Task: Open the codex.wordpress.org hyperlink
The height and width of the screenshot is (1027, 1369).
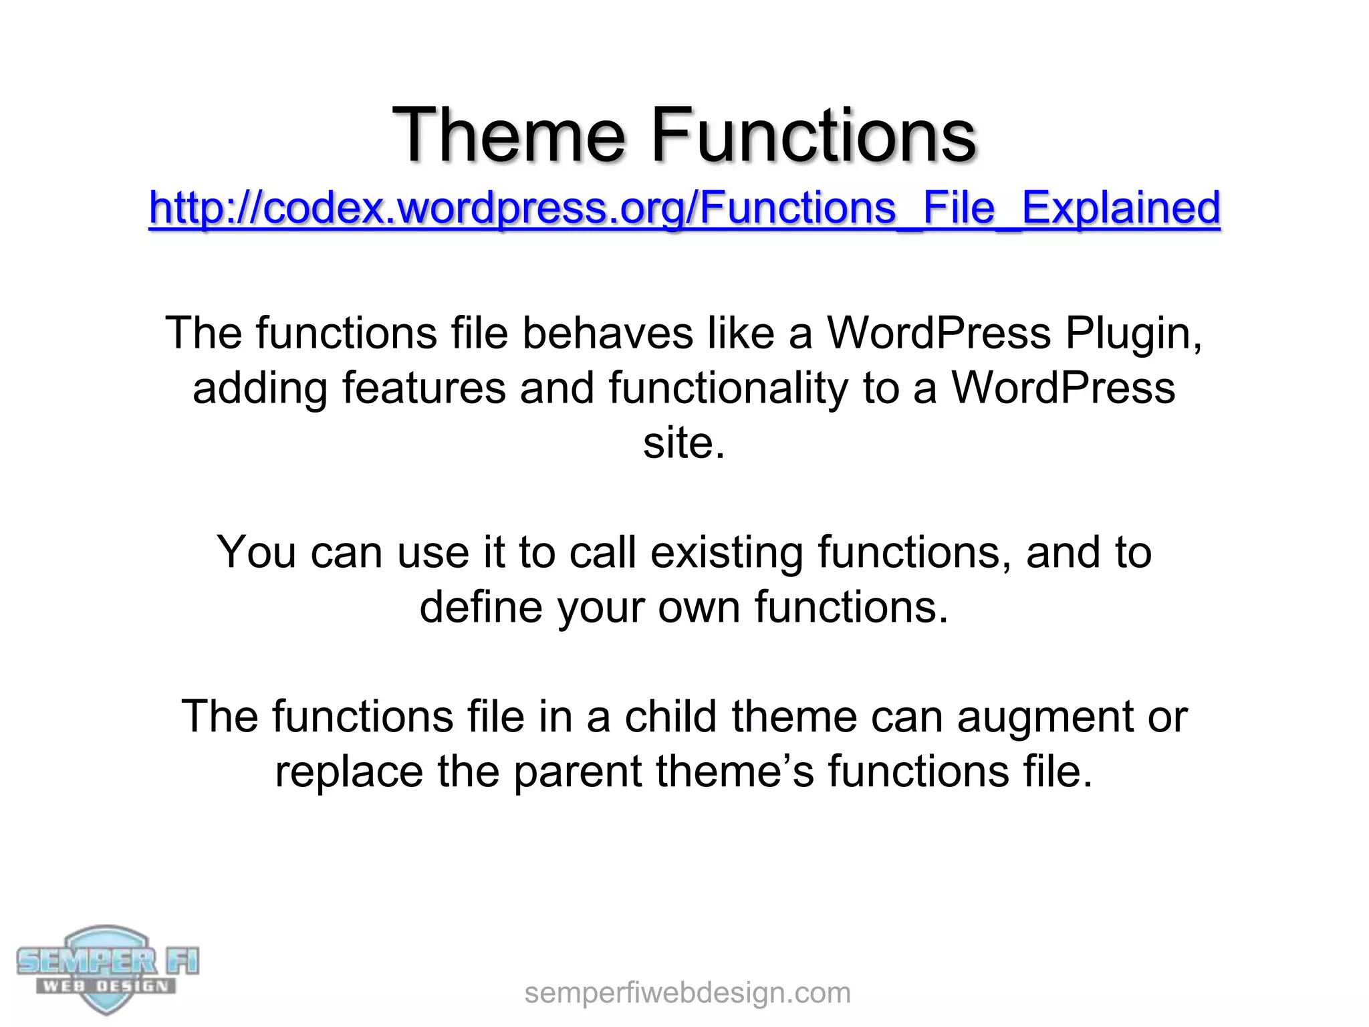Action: pyautogui.click(x=684, y=207)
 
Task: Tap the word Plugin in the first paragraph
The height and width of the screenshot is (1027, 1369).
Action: pyautogui.click(x=1134, y=333)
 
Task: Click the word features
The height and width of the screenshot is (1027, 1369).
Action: pyautogui.click(x=424, y=388)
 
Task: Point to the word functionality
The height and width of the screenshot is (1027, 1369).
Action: pyautogui.click(x=728, y=388)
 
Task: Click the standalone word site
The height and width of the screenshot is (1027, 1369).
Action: pyautogui.click(x=683, y=443)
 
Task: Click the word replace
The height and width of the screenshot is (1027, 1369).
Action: pyautogui.click(x=349, y=772)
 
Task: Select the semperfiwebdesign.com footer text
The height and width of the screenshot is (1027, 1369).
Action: pyautogui.click(x=687, y=993)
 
